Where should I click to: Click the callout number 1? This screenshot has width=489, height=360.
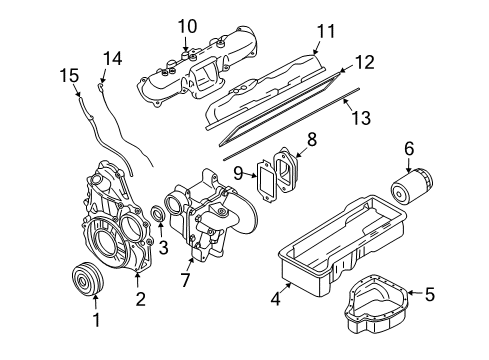click(x=96, y=321)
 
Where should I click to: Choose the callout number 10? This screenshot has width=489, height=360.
click(x=187, y=24)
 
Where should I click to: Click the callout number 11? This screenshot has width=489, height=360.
click(x=321, y=32)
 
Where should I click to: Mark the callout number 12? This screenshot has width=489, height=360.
click(x=364, y=62)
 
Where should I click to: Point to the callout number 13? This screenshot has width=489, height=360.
click(x=361, y=118)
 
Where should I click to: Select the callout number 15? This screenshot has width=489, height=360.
click(x=67, y=74)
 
